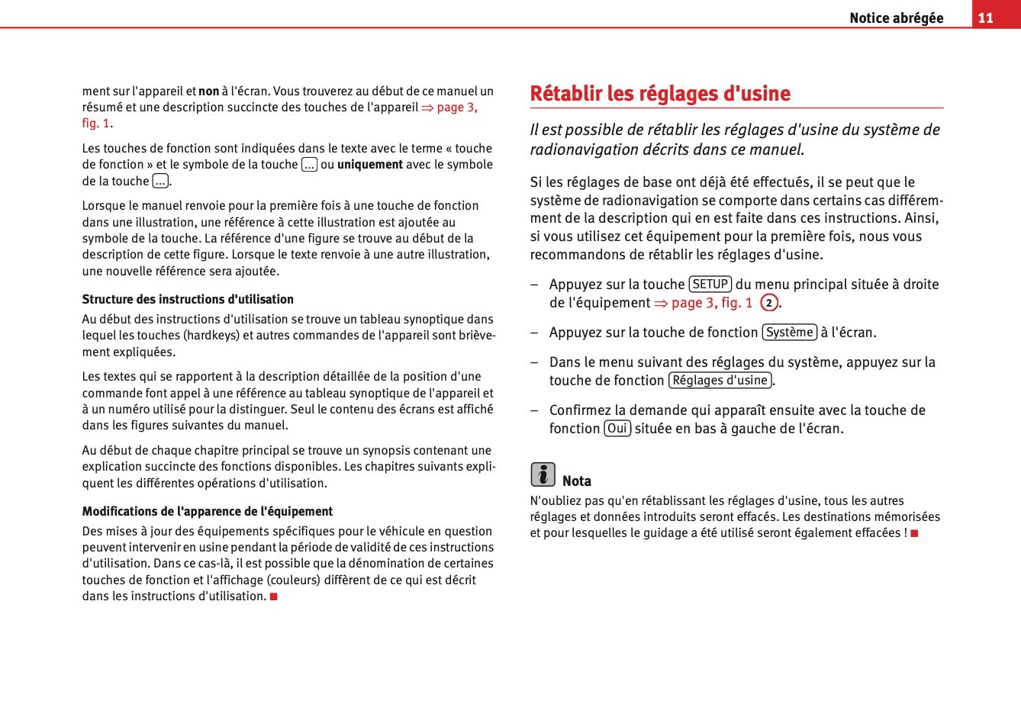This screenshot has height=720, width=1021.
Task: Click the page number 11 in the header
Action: [986, 18]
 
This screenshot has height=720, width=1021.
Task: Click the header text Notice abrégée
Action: [896, 18]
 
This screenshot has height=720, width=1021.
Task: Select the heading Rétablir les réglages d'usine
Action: [660, 94]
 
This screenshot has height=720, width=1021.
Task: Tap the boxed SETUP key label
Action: [710, 284]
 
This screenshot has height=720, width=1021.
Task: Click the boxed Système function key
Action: [789, 333]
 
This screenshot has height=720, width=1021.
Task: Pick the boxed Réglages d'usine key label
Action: [720, 381]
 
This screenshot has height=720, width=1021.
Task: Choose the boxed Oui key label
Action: [617, 429]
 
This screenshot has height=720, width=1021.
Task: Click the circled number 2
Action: [768, 303]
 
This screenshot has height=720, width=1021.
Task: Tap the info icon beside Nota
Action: [543, 474]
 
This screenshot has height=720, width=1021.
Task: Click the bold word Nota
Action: [577, 481]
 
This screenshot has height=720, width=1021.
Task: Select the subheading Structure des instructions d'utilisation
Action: [188, 300]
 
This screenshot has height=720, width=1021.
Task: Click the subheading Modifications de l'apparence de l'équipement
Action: [208, 512]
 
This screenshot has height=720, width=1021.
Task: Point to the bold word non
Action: [209, 92]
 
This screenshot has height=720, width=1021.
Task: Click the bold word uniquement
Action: [370, 165]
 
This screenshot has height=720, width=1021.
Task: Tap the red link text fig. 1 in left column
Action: [95, 124]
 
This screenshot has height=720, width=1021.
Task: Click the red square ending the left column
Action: [273, 596]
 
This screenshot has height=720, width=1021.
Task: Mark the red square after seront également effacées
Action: [914, 533]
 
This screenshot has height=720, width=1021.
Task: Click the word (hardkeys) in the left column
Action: [212, 336]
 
